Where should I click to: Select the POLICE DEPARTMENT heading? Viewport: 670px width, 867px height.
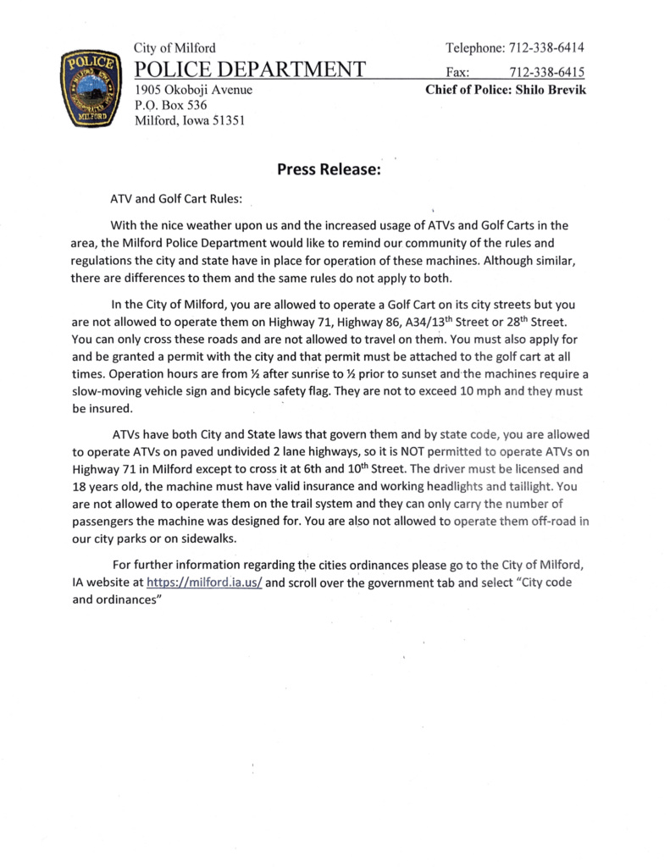pos(251,69)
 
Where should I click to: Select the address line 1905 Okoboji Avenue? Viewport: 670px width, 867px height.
pos(194,89)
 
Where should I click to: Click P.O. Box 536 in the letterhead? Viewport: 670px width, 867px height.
pos(171,105)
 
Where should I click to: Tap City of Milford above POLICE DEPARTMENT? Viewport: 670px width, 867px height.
pos(174,48)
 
